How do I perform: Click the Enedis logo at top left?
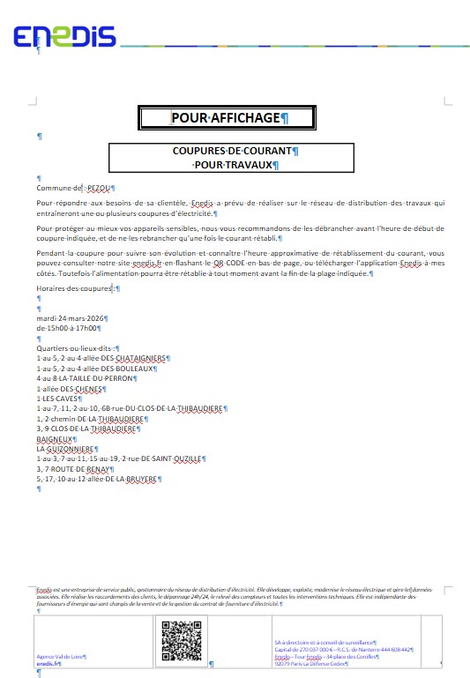64,36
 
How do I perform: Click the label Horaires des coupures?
74,288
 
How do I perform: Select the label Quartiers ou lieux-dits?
76,348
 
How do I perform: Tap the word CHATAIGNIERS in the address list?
139,359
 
